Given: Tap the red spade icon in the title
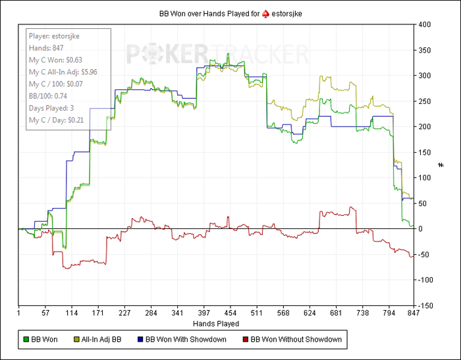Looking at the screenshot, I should pos(266,13).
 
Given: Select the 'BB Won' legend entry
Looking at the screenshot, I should pos(41,340).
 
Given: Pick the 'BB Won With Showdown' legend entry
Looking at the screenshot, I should pos(180,340).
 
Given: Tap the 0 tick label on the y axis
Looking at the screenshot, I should pos(420,229).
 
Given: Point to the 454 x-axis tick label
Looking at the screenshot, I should pos(230,313).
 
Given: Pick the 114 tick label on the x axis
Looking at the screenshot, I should pos(72,313).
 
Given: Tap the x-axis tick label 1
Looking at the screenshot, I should pos(18,313).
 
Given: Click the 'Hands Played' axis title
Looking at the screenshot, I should pos(216,324).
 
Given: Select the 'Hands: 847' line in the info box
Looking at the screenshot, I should pos(43,48).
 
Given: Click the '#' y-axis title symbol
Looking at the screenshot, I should pos(441,165).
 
